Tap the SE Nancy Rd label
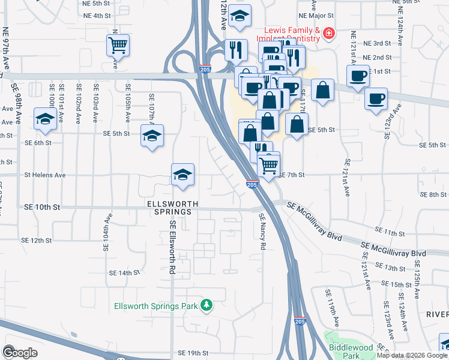[x=262, y=232]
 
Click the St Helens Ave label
[x=44, y=175]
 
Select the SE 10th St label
[x=41, y=206]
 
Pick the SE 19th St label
[x=193, y=353]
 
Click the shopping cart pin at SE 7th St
[x=270, y=164]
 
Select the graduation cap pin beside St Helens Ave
[x=183, y=175]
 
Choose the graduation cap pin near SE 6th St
[x=45, y=119]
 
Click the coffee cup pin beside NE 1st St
[x=358, y=76]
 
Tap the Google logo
[x=20, y=352]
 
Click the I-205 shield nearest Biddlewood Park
[x=301, y=321]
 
